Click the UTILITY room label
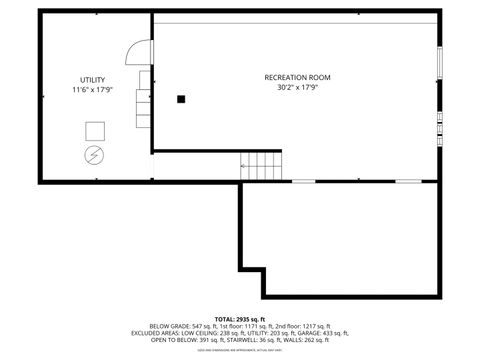click(93, 80)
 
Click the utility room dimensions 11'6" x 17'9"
click(93, 90)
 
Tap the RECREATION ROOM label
click(297, 77)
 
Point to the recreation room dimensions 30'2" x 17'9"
click(297, 87)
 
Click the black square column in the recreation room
click(181, 98)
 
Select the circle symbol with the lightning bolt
click(94, 155)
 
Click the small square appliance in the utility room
click(95, 131)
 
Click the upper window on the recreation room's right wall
click(440, 60)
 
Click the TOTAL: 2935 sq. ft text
click(239, 318)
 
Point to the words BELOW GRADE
click(168, 326)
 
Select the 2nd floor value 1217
click(305, 326)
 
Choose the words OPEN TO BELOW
click(166, 340)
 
